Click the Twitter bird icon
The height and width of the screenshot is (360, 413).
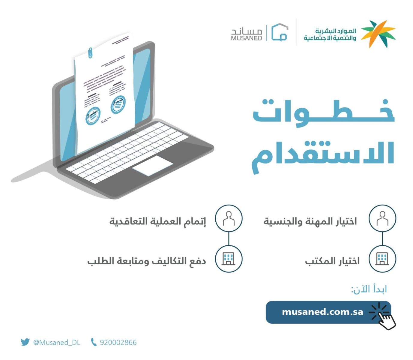25,342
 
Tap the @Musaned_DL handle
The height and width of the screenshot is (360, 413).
57,342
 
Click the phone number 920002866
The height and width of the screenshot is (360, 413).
118,342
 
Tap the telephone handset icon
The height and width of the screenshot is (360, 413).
94,342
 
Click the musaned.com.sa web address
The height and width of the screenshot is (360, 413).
322,312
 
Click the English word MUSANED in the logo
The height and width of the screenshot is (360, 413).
246,38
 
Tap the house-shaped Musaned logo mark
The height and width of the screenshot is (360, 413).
280,32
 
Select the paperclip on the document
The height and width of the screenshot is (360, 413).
90,53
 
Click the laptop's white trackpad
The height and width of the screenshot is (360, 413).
153,165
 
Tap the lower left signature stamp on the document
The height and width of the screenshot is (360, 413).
93,116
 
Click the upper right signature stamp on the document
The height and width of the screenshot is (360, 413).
118,104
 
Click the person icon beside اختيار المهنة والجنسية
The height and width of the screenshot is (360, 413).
382,218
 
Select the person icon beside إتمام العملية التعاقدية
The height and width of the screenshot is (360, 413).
229,218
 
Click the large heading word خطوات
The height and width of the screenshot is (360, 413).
324,113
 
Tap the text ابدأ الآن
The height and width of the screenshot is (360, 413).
369,289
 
